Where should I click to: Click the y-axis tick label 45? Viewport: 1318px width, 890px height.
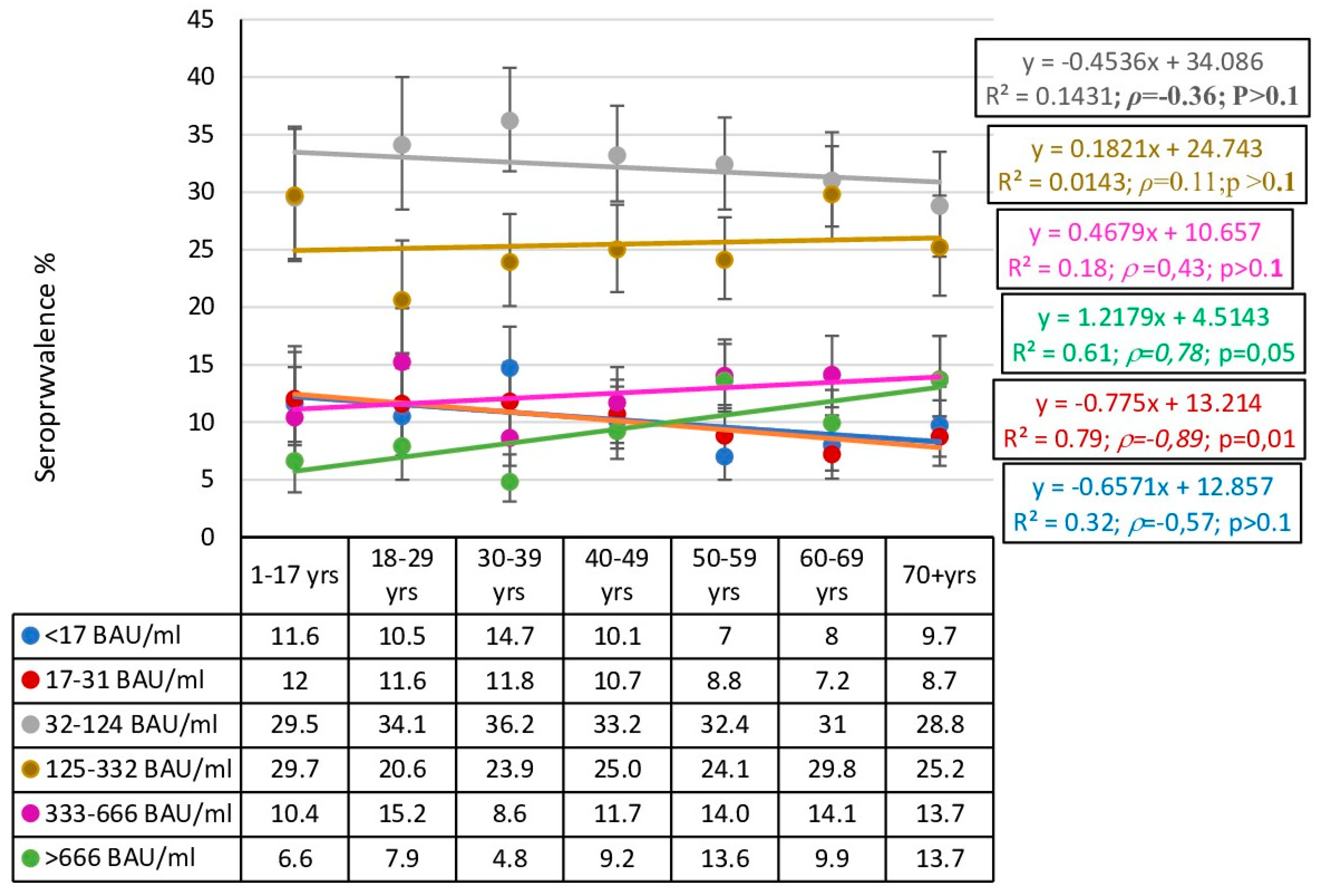200,20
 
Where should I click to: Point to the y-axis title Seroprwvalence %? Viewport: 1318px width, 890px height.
45,367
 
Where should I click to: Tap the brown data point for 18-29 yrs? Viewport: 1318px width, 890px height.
402,300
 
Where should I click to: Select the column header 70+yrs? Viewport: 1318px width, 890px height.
939,575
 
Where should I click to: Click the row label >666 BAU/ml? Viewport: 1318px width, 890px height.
120,858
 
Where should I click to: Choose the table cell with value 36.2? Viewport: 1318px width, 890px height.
509,724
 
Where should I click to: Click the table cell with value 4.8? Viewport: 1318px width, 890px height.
509,858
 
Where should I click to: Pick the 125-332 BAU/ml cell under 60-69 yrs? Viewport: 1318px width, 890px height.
831,769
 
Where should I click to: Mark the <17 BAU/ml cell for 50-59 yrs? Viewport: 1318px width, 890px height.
724,636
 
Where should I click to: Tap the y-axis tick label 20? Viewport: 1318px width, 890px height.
200,307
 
